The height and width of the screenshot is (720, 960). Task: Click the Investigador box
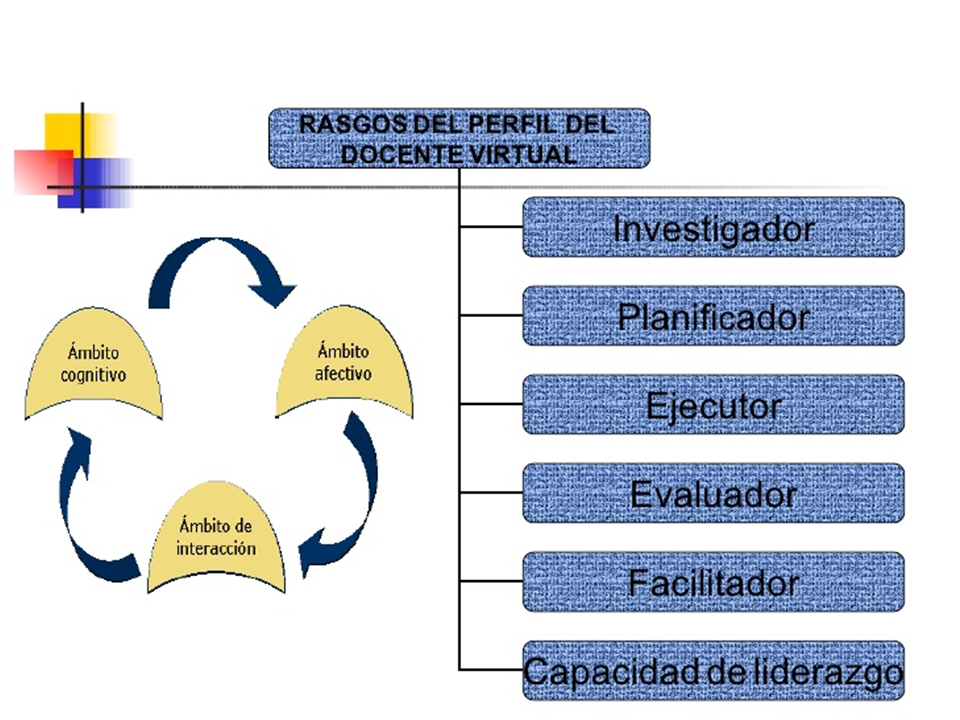pos(713,227)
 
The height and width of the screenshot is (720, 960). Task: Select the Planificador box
pos(713,315)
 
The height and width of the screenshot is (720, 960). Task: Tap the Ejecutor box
pos(713,404)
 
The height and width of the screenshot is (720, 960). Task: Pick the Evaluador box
pos(713,493)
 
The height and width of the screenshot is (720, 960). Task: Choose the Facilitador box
pos(713,582)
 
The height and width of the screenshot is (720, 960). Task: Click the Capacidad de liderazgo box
pos(713,670)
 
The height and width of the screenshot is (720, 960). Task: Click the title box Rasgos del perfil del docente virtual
pos(459,138)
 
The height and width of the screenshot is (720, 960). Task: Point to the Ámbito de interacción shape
pos(216,538)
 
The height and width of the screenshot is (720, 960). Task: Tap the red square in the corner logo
pos(42,171)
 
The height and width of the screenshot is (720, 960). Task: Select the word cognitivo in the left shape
pos(93,375)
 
